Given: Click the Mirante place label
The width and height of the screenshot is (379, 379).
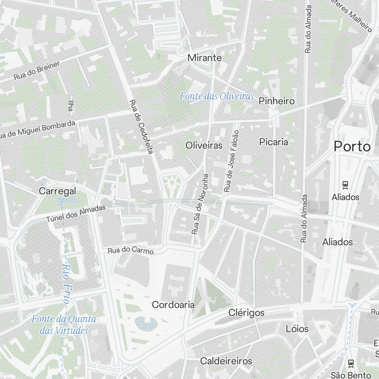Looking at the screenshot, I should (x=205, y=58).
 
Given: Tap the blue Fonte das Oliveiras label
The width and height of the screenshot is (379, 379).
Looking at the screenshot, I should (x=216, y=96).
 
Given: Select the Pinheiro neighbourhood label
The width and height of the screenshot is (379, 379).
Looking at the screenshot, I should (x=276, y=101).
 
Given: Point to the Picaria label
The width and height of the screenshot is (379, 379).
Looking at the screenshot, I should (x=274, y=142).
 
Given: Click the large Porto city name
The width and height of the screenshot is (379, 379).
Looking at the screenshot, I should (x=352, y=147).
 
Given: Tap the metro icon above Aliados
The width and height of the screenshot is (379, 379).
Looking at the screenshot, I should (x=345, y=185).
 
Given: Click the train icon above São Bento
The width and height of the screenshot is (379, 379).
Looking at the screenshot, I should (x=351, y=363).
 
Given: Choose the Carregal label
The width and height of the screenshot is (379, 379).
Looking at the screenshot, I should (x=58, y=191).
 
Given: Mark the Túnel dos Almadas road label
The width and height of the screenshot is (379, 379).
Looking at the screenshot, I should (x=76, y=214).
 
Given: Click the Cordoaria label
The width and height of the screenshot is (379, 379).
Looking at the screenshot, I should (x=173, y=304).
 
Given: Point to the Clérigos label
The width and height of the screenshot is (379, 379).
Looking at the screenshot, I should (x=246, y=313).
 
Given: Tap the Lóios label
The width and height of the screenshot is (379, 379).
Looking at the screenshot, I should (x=297, y=329).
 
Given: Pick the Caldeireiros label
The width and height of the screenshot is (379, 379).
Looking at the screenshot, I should (x=226, y=361).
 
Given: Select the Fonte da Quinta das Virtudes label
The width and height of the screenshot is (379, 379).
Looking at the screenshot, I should (x=64, y=325).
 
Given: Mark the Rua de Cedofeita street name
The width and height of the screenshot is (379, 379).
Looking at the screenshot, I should (x=141, y=127).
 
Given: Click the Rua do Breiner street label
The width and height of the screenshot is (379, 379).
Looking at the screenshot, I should (x=37, y=70).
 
